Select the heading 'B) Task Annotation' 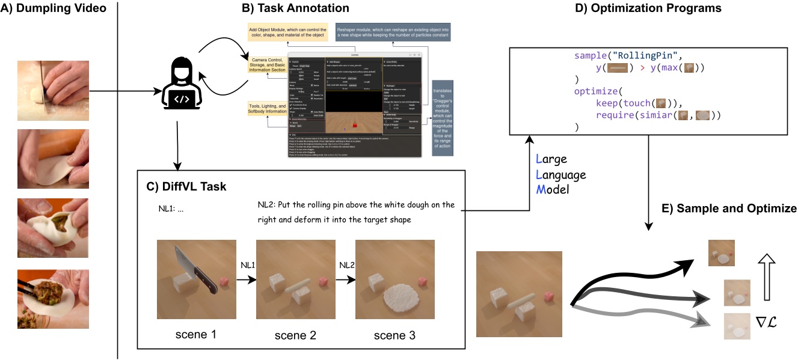click(x=295, y=8)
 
